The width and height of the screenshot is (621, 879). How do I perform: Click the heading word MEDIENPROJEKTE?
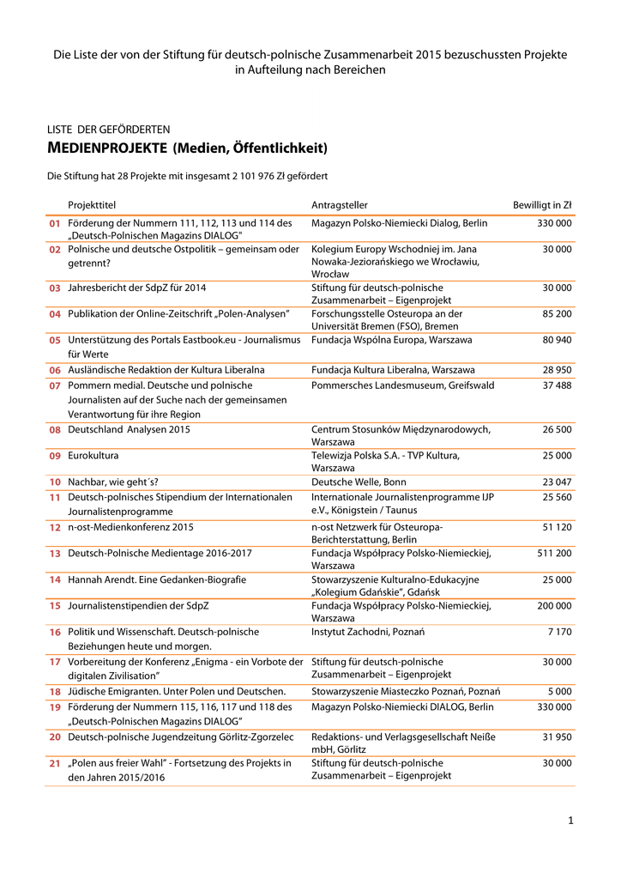click(x=106, y=149)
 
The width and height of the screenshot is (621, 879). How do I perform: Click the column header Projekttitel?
click(x=92, y=204)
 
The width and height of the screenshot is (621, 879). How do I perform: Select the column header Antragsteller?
click(x=340, y=204)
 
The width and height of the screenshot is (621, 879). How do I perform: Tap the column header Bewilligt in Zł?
click(x=542, y=204)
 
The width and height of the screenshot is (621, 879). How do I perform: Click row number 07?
click(x=55, y=386)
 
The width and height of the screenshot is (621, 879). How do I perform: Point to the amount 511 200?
click(x=554, y=554)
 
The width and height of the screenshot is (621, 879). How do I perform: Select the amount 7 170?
click(x=559, y=632)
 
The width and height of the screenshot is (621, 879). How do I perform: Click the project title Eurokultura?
click(x=93, y=456)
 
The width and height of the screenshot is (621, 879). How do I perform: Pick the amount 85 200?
click(x=558, y=314)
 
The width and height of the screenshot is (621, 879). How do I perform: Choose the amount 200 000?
click(x=554, y=606)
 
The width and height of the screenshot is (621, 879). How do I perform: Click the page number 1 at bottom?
click(x=570, y=821)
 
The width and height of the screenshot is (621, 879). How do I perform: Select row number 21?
click(x=55, y=763)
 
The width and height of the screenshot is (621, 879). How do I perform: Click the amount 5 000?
click(x=560, y=691)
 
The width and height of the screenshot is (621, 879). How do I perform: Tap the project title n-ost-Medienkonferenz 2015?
click(x=130, y=527)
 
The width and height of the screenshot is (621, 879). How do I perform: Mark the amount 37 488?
click(x=558, y=386)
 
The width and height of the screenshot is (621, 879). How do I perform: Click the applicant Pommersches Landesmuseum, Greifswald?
click(x=402, y=386)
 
